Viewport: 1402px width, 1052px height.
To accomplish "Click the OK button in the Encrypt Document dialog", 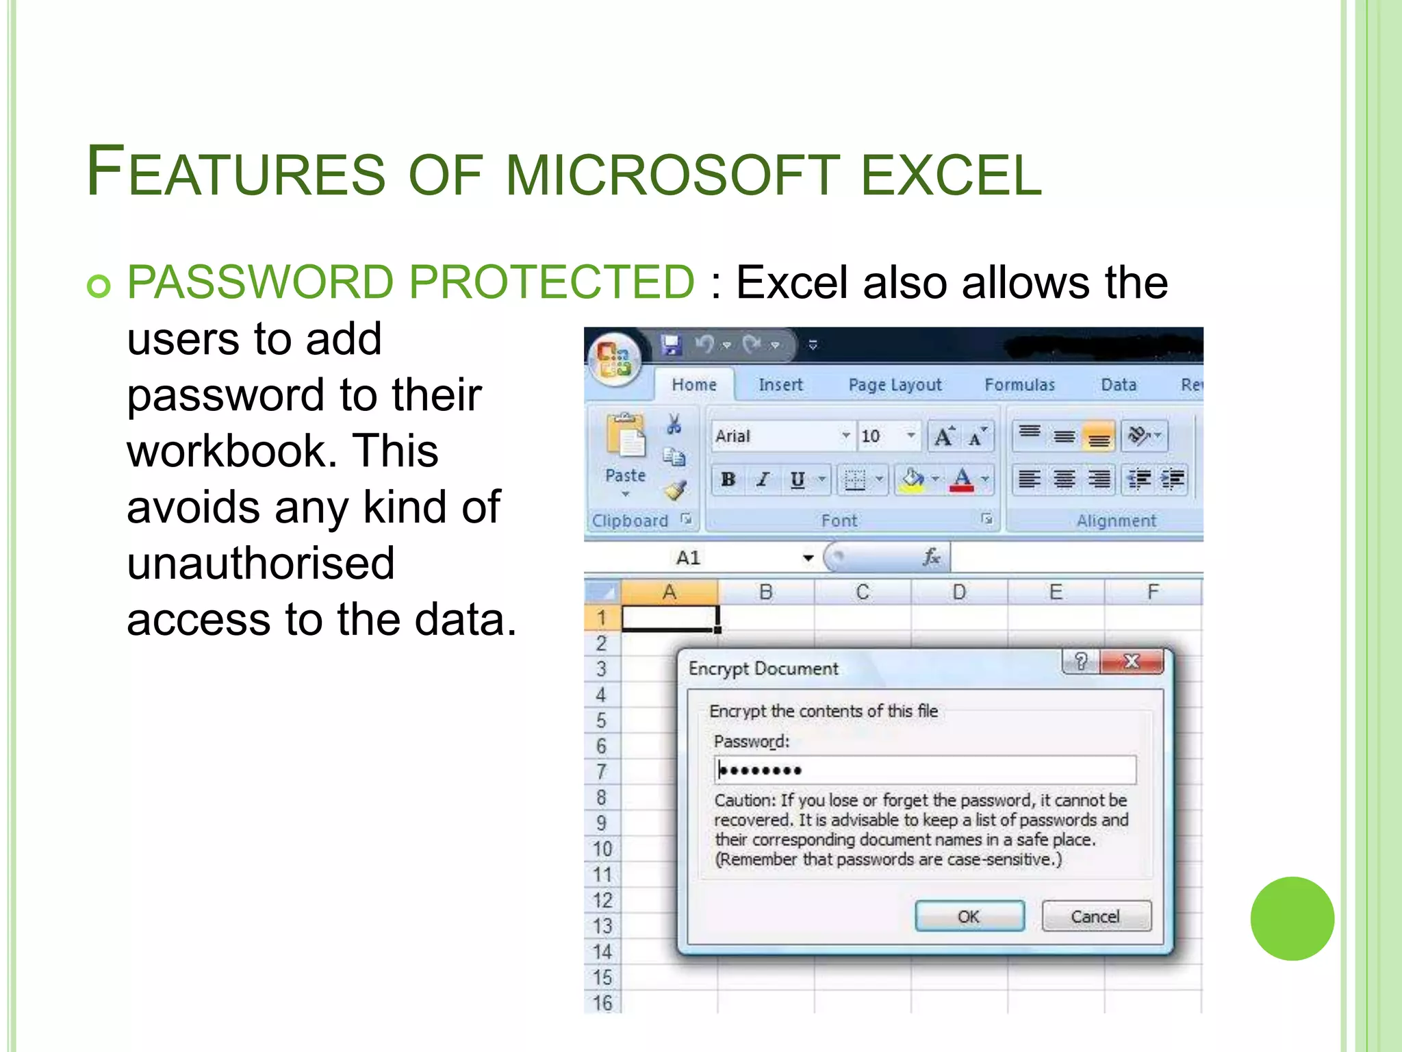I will (x=969, y=916).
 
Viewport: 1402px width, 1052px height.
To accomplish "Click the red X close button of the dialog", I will (x=1132, y=662).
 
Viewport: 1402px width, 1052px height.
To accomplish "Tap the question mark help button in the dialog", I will (x=1081, y=662).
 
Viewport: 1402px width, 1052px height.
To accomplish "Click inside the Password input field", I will (x=924, y=771).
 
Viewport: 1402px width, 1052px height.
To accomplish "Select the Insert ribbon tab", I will (x=780, y=385).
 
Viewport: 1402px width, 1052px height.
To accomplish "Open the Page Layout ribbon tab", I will (x=895, y=385).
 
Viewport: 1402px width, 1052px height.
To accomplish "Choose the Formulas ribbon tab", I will (x=1019, y=385).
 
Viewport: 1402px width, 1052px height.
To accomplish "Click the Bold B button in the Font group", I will (x=728, y=479).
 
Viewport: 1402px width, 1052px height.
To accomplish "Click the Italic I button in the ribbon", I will (x=763, y=479).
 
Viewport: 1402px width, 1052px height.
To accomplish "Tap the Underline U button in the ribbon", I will (x=798, y=479).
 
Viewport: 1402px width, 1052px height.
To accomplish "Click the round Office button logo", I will (x=614, y=359).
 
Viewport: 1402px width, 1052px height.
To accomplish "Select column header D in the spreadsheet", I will (x=959, y=592).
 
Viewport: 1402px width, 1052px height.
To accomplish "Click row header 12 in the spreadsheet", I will (x=602, y=900).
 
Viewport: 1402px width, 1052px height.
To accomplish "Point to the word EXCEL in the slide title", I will (x=951, y=175).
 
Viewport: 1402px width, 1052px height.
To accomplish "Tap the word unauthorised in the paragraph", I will (x=261, y=563).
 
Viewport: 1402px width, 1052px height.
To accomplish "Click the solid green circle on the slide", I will (x=1292, y=918).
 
